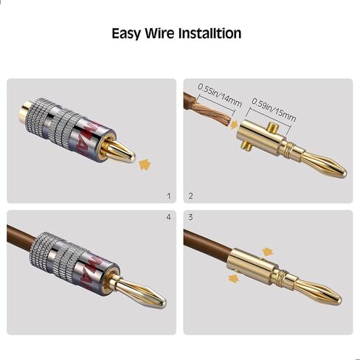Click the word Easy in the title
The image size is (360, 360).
pos(127,34)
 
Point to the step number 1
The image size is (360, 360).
pos(168,196)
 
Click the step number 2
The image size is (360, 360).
pos(190,196)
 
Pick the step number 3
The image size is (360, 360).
pos(190,218)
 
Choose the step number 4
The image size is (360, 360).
pos(168,218)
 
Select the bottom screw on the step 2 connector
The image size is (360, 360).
pos(244,147)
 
